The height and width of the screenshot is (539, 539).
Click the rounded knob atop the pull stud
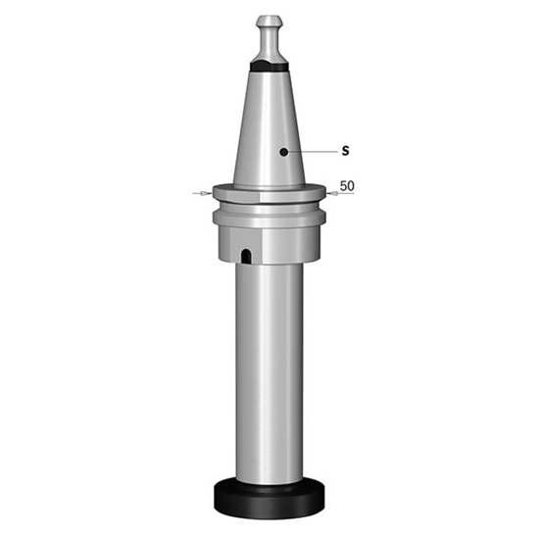(x=269, y=21)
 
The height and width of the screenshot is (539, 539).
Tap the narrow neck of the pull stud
(x=269, y=40)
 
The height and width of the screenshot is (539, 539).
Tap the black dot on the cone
(x=282, y=152)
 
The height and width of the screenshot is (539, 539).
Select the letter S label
(x=345, y=152)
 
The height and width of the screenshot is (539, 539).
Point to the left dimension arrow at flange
(x=202, y=193)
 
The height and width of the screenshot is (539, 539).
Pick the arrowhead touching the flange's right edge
(x=331, y=194)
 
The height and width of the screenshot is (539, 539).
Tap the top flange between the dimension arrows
(x=269, y=193)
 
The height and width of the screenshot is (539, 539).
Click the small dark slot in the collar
(x=245, y=256)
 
